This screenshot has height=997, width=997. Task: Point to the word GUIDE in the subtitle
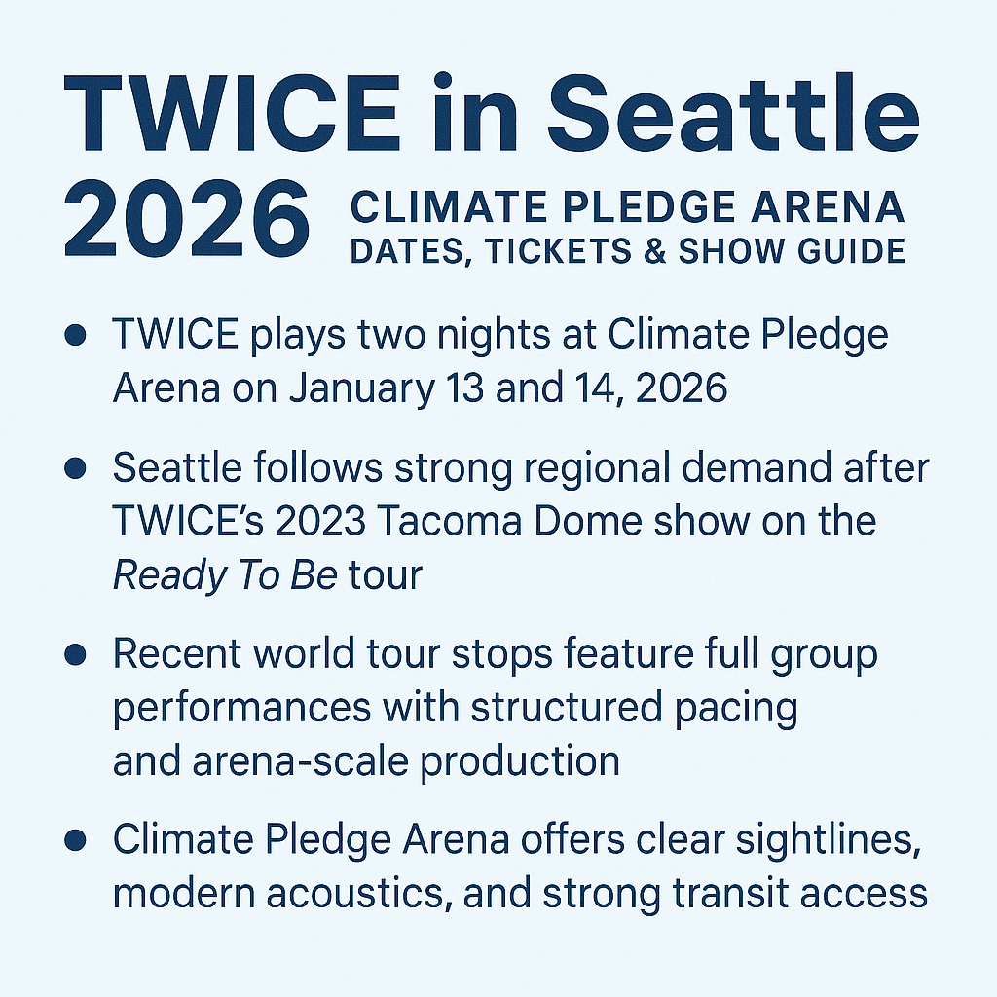tap(848, 251)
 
